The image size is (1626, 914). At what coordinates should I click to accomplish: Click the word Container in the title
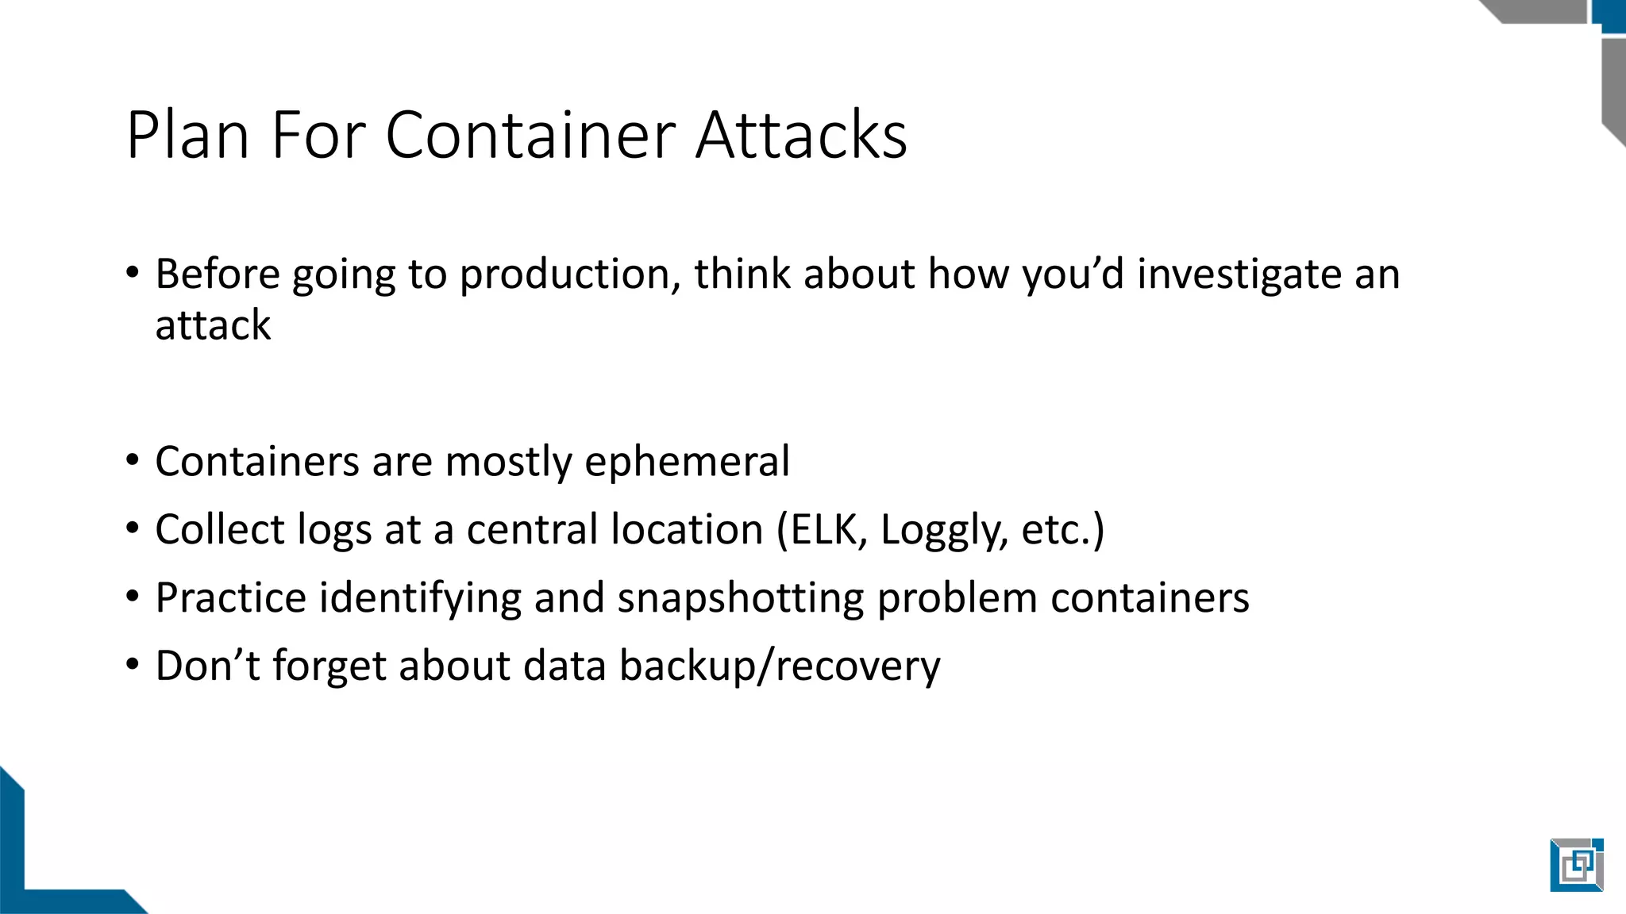coord(531,135)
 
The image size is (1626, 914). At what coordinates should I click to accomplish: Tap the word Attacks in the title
coord(801,135)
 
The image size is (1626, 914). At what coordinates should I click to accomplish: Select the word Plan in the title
coord(188,135)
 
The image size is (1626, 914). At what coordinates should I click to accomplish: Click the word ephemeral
coord(687,462)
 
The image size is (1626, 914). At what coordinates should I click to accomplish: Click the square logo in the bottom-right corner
coord(1576,865)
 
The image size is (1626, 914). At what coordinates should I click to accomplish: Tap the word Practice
coord(230,598)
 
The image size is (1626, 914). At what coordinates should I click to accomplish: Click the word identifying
coord(420,598)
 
